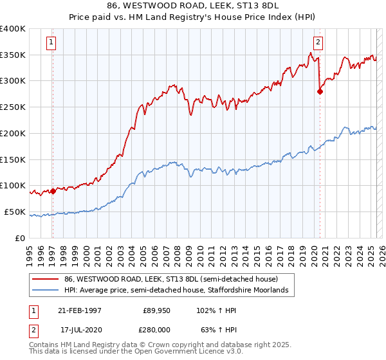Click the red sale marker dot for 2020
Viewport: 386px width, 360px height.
pos(320,91)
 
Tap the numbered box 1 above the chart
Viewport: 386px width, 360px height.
pos(51,44)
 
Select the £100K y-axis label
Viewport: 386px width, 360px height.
pos(13,186)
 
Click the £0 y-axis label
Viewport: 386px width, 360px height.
pos(21,238)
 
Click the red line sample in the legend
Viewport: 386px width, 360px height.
pos(45,279)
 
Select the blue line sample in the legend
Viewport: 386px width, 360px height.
pos(45,291)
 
